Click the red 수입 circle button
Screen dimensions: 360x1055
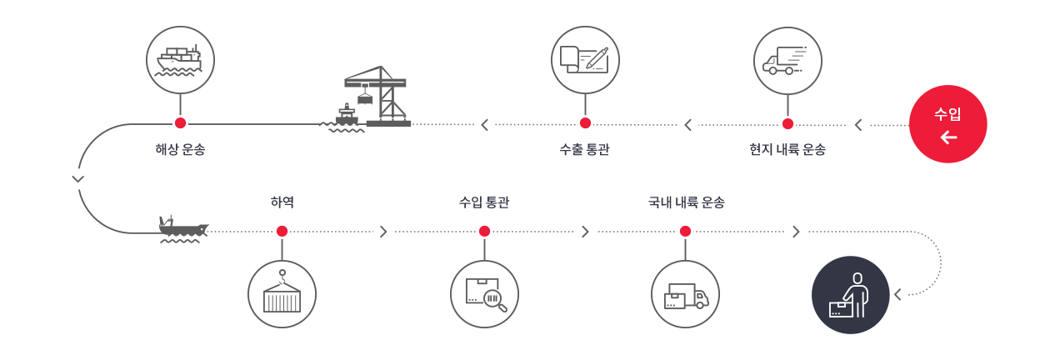point(947,123)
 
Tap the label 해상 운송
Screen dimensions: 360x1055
point(180,150)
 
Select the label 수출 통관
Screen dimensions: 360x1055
point(584,150)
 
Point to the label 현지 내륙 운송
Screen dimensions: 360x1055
point(787,150)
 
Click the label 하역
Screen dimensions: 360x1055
point(282,202)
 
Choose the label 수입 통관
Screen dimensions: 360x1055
point(484,202)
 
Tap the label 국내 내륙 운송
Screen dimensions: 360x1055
point(686,202)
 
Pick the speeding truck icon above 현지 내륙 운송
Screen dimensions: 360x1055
point(787,60)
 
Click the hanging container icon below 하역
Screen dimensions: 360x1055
point(282,294)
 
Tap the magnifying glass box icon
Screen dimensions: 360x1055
point(484,294)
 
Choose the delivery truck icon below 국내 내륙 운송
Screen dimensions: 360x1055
point(685,294)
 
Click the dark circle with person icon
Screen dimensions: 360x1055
point(850,295)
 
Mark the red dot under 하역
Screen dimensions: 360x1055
point(282,231)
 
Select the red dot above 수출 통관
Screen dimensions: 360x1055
point(585,123)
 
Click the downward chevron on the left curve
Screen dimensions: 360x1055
point(78,178)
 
